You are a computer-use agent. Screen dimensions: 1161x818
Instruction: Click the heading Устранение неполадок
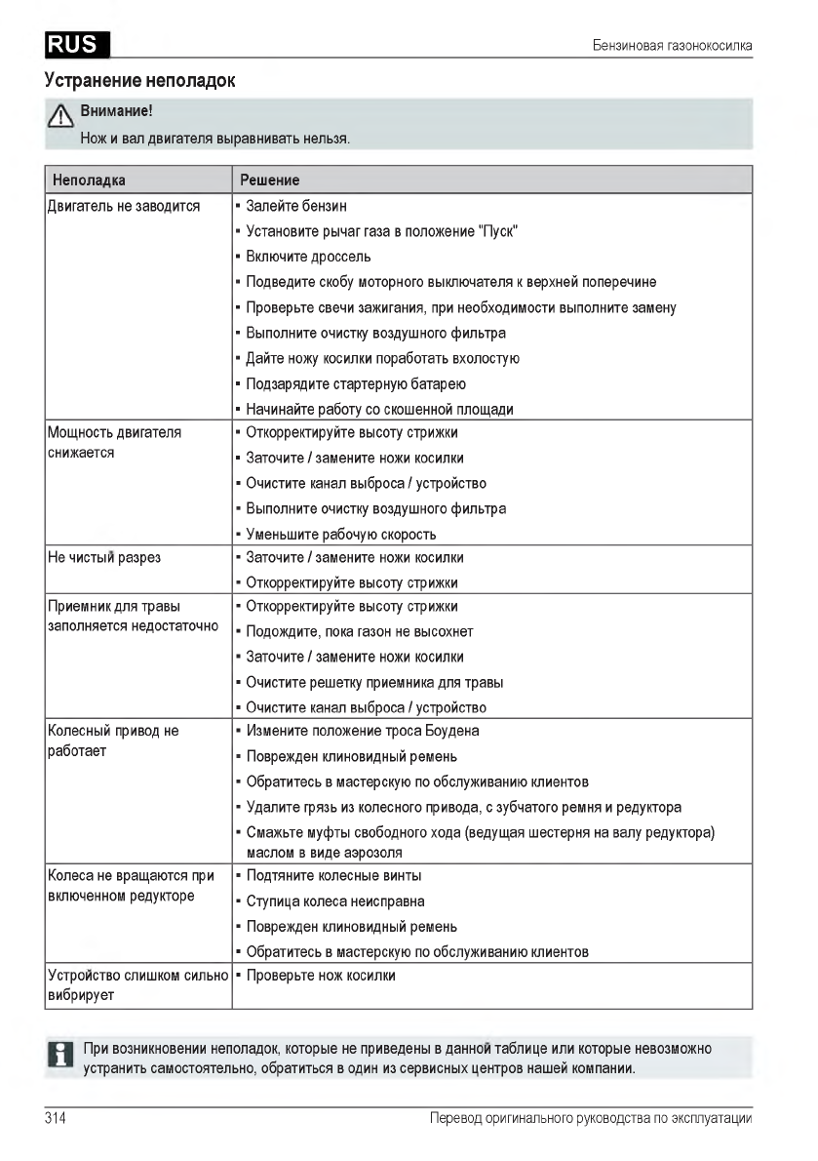(x=140, y=80)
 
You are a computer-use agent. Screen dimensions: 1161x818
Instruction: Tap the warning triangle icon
(x=61, y=119)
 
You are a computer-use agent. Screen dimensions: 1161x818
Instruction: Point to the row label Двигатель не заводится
(x=124, y=206)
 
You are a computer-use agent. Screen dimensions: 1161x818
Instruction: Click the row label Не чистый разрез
(x=104, y=558)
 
